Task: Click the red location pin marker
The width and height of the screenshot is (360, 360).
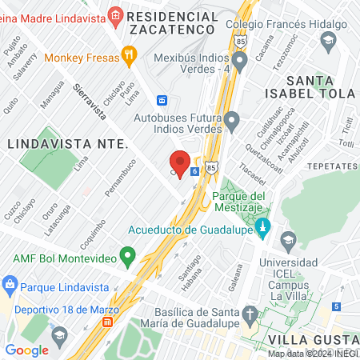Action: tap(180, 163)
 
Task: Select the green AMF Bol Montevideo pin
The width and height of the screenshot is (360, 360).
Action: tap(126, 257)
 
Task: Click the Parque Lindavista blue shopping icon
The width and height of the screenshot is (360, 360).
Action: tap(10, 285)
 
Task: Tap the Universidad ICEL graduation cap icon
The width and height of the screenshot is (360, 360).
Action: tap(286, 239)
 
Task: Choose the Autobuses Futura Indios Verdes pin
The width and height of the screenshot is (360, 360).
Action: tap(232, 122)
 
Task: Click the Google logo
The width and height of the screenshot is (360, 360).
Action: tap(26, 350)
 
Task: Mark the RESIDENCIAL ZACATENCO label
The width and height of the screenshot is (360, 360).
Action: tap(167, 22)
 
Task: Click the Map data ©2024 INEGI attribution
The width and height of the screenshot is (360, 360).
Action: tap(312, 354)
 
